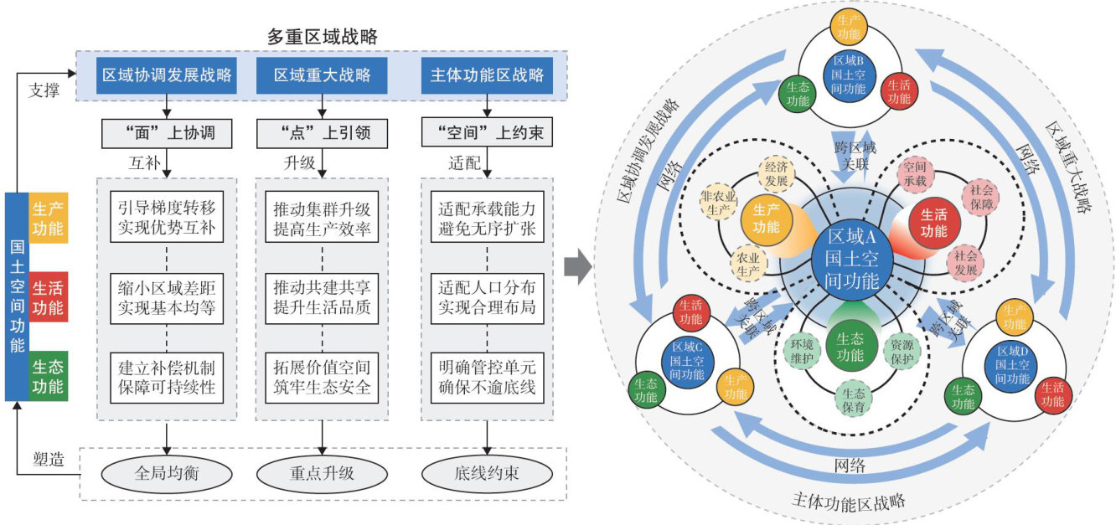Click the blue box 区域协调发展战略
[x=167, y=75]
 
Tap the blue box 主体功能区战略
[x=487, y=75]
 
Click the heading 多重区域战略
[x=323, y=36]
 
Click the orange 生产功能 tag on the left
[x=48, y=216]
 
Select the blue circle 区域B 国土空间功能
[x=849, y=75]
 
